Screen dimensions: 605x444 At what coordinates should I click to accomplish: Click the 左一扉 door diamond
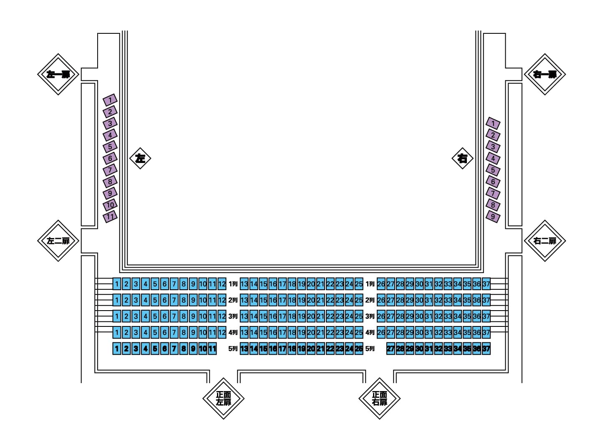pos(58,74)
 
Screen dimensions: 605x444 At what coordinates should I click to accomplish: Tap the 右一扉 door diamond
pos(545,74)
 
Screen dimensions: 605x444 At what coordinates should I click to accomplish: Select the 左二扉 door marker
pos(58,241)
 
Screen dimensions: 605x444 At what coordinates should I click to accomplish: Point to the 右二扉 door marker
pos(545,241)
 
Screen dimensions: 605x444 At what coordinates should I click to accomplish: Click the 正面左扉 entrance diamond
pos(223,399)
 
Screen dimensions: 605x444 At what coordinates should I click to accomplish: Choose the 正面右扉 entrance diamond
pos(379,399)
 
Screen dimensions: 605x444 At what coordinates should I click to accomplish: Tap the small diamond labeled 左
pos(140,158)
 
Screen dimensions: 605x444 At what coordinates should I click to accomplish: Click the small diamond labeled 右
pos(462,158)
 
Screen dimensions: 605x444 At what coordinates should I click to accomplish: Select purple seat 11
pos(110,217)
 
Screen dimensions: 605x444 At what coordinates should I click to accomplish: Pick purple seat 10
pos(110,205)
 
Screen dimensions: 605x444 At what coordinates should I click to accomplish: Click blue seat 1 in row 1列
pos(117,284)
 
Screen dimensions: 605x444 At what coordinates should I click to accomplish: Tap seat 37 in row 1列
pos(486,284)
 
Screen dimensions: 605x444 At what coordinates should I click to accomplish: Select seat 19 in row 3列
pos(301,316)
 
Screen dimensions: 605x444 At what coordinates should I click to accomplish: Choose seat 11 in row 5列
pos(212,349)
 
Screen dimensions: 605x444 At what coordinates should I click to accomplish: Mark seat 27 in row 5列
pos(391,349)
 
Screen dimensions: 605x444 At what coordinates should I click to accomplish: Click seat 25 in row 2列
pos(359,300)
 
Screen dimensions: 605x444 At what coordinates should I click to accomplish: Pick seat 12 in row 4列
pos(222,332)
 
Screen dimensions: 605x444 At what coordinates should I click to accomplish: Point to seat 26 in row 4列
pos(381,332)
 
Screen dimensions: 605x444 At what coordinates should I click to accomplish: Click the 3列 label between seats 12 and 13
pos(233,316)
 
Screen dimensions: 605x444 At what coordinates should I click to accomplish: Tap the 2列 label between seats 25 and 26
pos(370,300)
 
